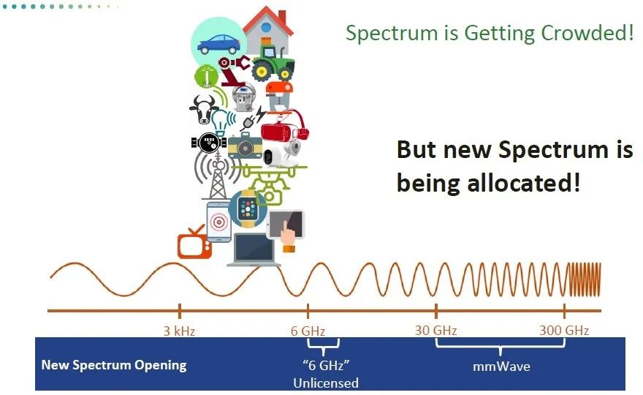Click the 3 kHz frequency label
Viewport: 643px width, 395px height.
tap(179, 331)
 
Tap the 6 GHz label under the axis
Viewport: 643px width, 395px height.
tap(308, 331)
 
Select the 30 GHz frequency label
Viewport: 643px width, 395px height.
tap(436, 330)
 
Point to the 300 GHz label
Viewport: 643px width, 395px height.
tap(564, 330)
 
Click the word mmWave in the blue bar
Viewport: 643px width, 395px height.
tap(501, 366)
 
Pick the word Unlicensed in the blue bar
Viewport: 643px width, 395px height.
tap(326, 383)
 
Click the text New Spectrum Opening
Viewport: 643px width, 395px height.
tap(114, 365)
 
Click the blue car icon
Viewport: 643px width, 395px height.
tap(218, 44)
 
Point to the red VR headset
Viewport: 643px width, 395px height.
tap(284, 127)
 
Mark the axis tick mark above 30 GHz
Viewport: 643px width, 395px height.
tap(436, 311)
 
